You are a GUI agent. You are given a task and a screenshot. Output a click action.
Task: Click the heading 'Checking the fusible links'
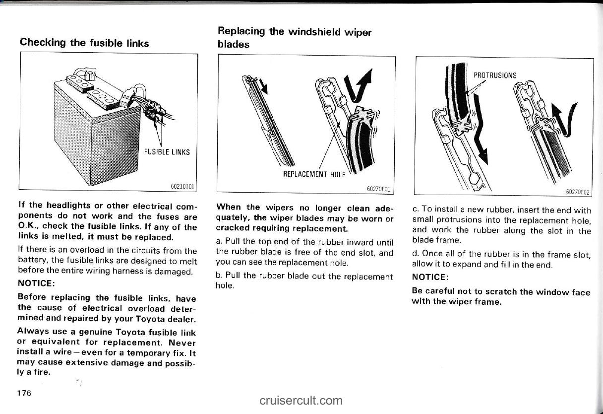point(84,43)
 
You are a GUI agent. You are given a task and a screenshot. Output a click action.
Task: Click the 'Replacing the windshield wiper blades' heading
point(295,37)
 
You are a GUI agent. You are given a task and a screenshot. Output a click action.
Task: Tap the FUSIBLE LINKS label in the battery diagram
point(167,152)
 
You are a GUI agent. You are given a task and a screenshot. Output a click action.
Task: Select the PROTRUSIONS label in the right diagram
point(495,75)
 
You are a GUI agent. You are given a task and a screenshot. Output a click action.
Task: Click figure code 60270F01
point(380,189)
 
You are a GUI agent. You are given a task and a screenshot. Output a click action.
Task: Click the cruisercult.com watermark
point(301,400)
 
